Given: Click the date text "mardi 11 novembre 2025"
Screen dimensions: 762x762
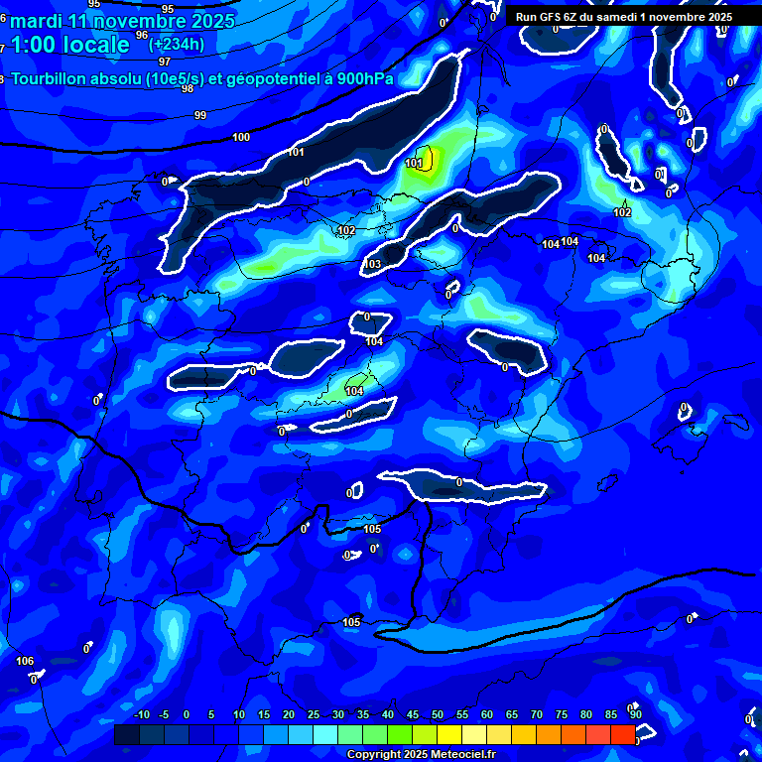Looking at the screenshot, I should pos(123,21).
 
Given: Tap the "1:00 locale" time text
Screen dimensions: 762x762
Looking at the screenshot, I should pos(69,45).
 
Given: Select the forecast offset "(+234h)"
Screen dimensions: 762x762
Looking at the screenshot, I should pos(177,44).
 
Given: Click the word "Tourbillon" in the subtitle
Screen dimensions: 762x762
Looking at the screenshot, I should pos(54,79).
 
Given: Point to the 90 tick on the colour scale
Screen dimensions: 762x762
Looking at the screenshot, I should pos(635,715).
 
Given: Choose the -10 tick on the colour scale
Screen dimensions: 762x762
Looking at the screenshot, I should pos(141,715).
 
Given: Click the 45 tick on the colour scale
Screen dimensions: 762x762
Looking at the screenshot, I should pos(412,715).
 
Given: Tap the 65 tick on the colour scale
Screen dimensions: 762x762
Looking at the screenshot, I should pos(511,715).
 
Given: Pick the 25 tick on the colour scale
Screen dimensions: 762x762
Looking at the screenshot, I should pos(313,715).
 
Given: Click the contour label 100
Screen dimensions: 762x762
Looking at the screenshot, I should pos(241,137).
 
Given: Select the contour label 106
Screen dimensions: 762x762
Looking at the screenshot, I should pos(25,661).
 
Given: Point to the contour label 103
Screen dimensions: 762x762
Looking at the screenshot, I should pos(372,264).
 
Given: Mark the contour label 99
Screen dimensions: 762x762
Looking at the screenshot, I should pos(200,115).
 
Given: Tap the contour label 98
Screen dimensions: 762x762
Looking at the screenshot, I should pos(188,88).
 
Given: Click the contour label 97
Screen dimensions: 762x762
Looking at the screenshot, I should pos(165,62).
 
